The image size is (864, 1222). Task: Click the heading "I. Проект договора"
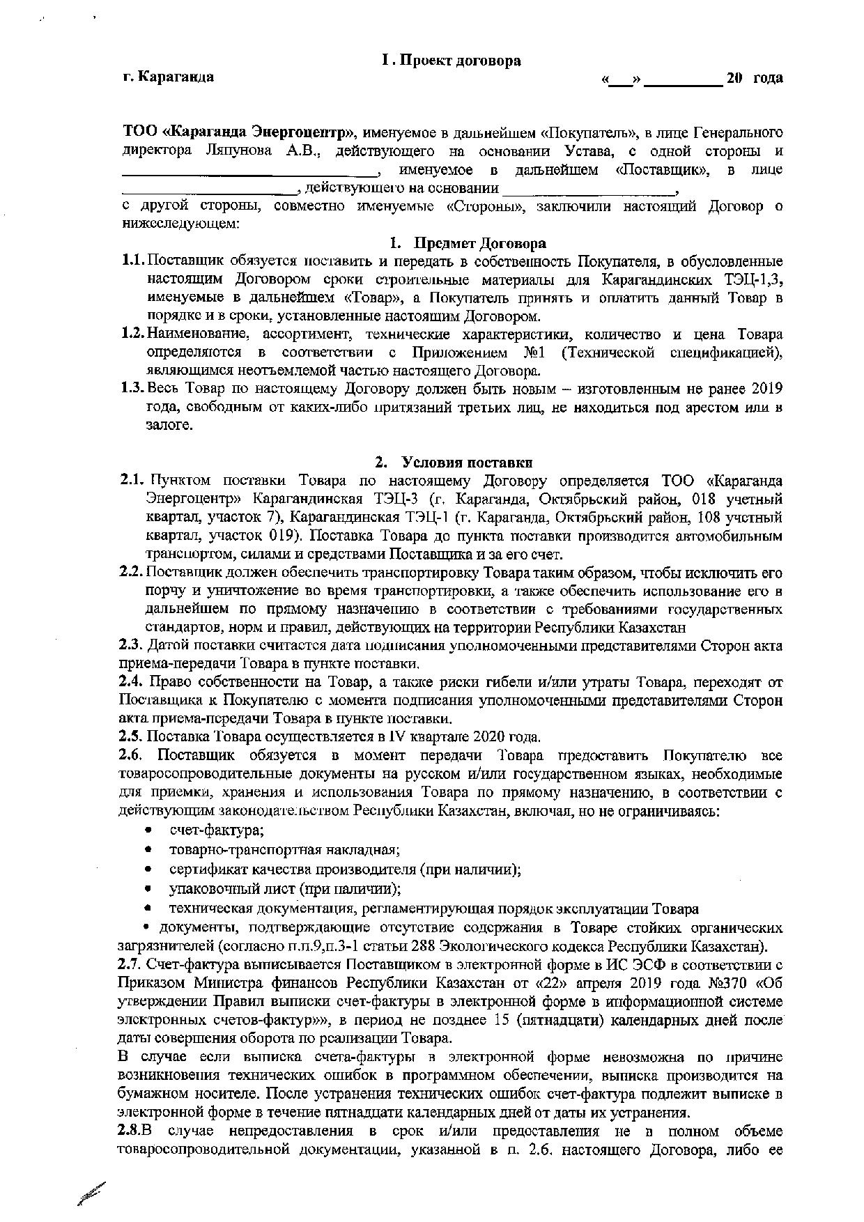point(451,61)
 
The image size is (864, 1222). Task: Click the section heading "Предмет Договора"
point(480,243)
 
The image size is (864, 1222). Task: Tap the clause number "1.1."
point(131,261)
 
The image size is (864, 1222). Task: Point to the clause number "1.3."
point(131,388)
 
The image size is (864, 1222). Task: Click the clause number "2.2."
point(131,573)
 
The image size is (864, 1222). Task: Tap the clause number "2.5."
point(130,736)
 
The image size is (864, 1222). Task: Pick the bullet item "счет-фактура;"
point(217,830)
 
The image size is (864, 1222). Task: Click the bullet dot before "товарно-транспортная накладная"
point(148,851)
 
